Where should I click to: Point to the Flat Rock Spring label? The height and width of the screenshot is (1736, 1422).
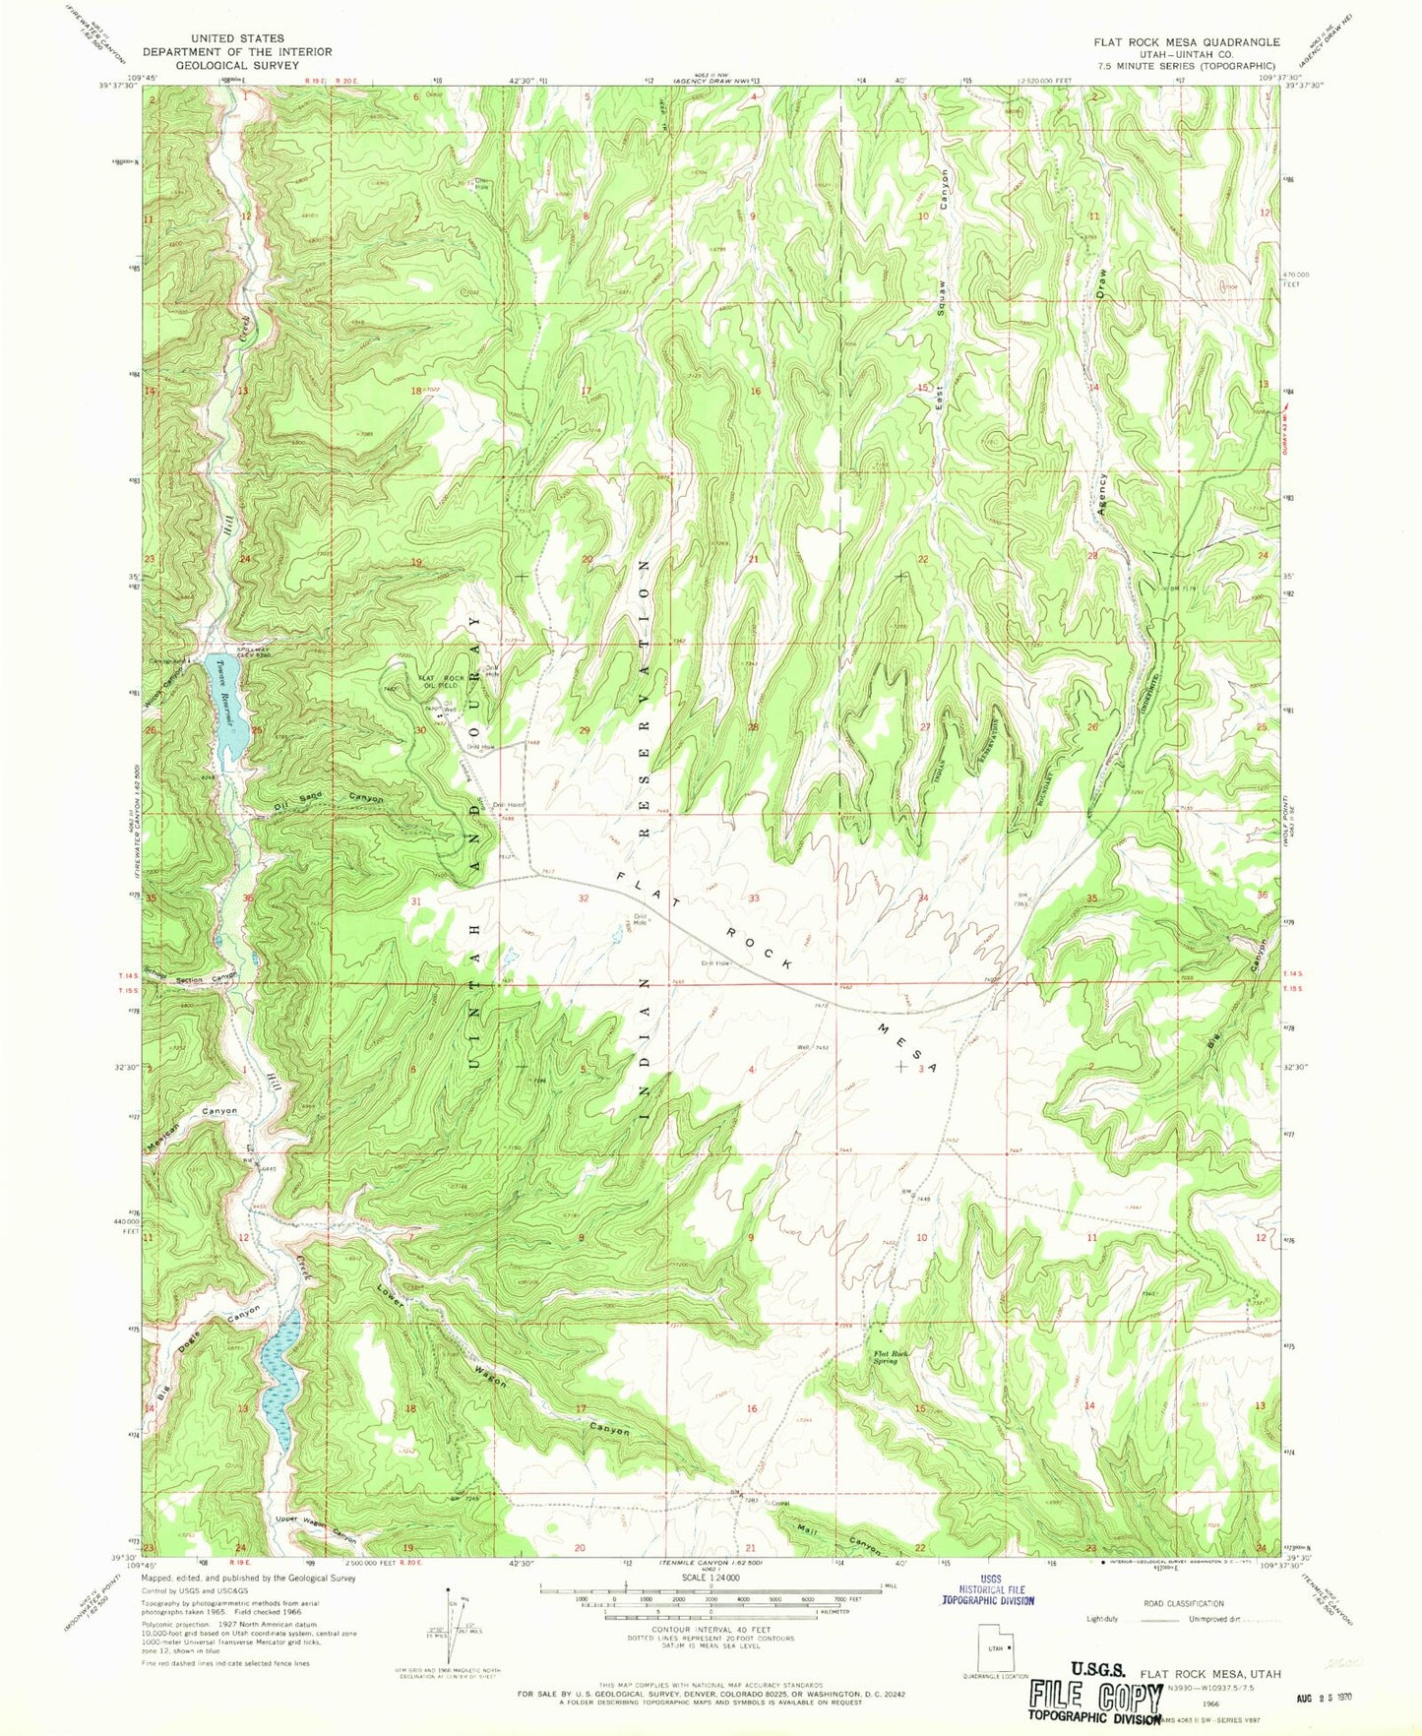(x=892, y=1357)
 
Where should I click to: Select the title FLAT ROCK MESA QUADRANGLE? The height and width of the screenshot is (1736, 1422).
(x=1185, y=42)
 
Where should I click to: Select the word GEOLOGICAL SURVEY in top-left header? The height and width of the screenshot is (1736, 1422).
(x=236, y=65)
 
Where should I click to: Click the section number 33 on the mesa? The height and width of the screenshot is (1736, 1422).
(x=754, y=899)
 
